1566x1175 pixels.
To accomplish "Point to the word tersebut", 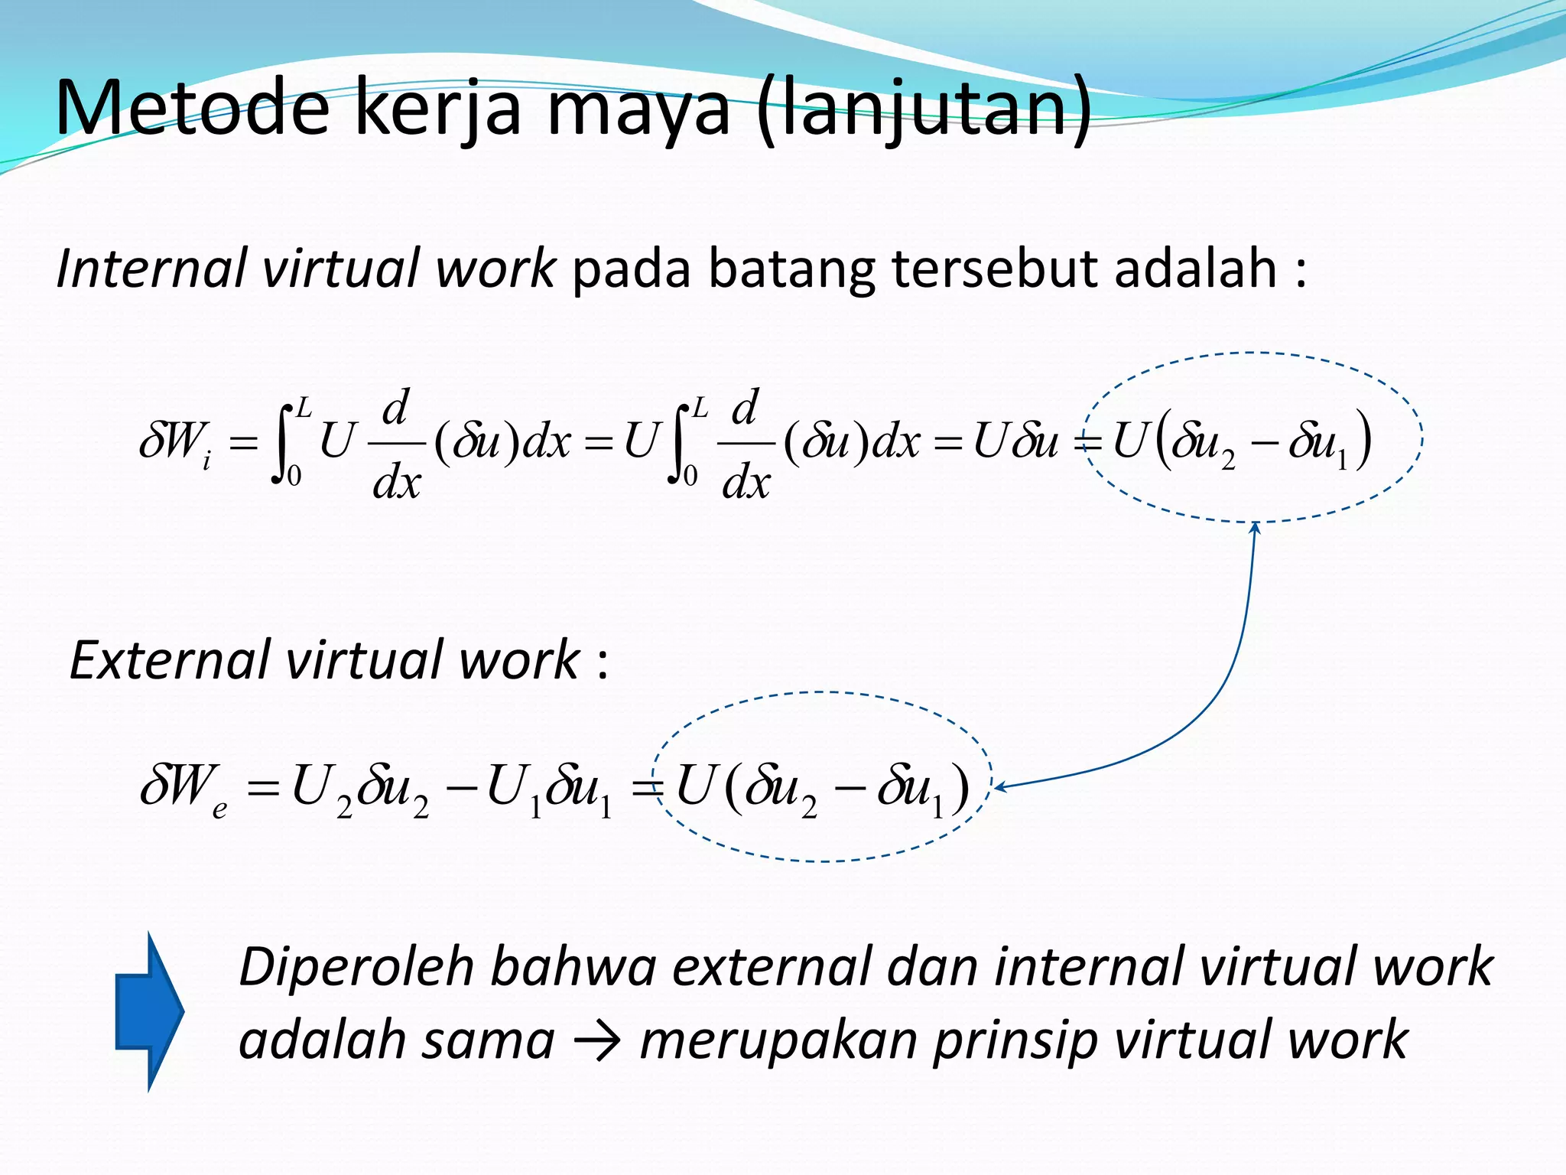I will click(994, 269).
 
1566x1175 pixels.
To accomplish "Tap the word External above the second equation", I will click(169, 660).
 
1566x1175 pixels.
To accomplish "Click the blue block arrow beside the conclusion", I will click(150, 1011).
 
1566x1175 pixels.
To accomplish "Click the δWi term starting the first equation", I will click(175, 443).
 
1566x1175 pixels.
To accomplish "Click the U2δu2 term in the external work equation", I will click(360, 789).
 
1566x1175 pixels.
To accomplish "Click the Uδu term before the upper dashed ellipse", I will click(1015, 441).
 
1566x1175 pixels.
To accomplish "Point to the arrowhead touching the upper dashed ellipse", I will click(1255, 527).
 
